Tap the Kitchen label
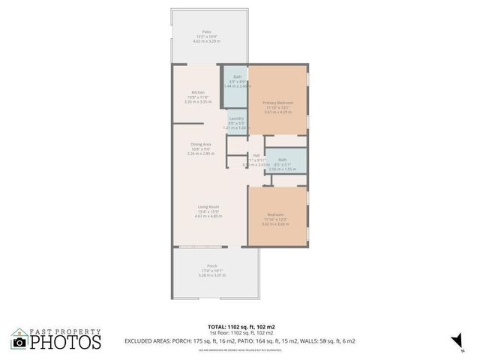(x=197, y=92)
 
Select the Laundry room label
(x=235, y=118)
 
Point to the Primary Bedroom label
(x=278, y=102)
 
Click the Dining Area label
(x=200, y=143)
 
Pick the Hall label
(x=256, y=155)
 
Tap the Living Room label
(x=208, y=206)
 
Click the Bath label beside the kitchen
(x=237, y=77)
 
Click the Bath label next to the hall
(x=283, y=160)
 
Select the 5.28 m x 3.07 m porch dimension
(x=212, y=275)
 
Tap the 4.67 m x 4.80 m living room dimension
(x=208, y=216)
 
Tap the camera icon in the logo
(x=19, y=342)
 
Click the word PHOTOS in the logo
(x=65, y=342)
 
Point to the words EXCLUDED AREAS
(x=148, y=340)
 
